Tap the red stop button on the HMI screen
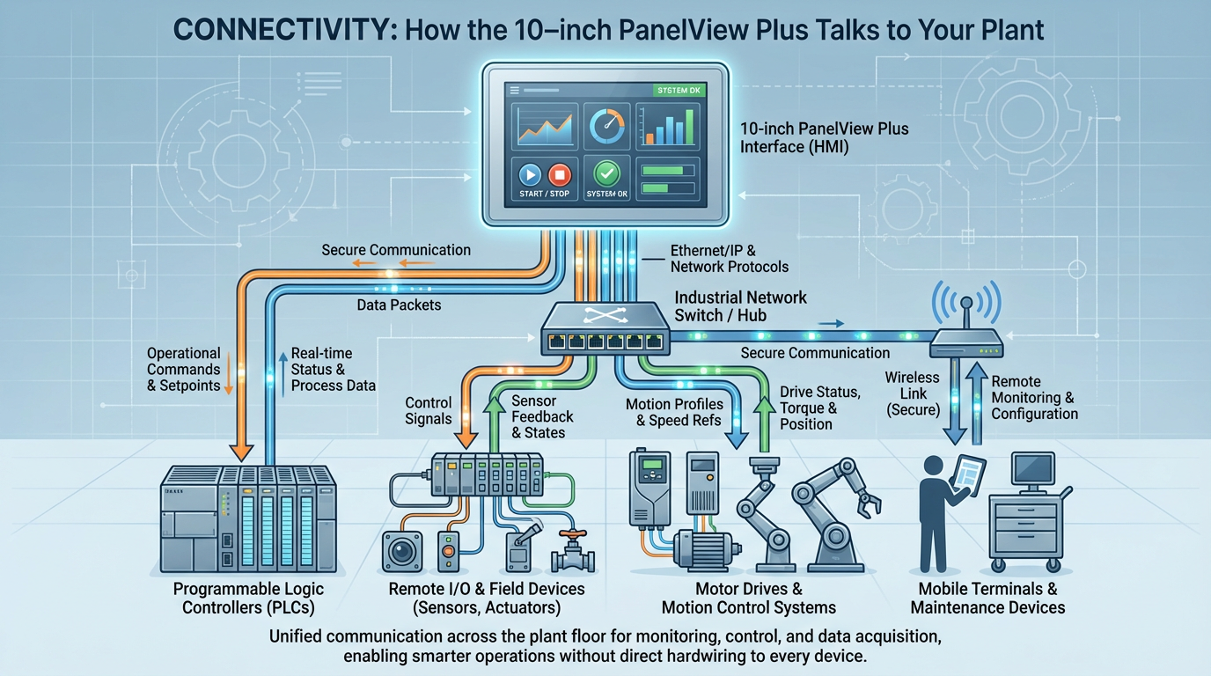[560, 173]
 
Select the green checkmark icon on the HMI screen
[606, 173]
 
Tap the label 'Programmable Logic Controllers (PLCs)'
[249, 598]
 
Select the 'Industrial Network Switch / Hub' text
[740, 306]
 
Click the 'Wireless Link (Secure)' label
[912, 393]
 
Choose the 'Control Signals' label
[429, 411]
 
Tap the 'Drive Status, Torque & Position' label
[820, 408]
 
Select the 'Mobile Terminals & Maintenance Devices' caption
[987, 598]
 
